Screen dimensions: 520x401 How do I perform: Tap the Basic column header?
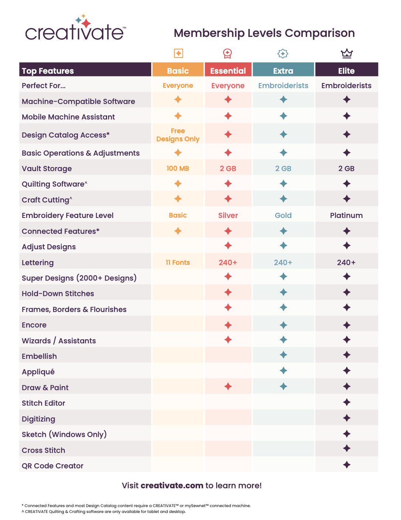(178, 70)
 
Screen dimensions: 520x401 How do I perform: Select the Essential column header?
(228, 70)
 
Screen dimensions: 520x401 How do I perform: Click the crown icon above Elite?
(346, 53)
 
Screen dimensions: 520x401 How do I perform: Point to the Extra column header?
(283, 70)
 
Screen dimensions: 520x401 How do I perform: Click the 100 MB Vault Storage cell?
(178, 169)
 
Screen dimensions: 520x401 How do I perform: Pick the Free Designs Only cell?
(178, 135)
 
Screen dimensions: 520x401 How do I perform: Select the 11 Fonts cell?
(178, 263)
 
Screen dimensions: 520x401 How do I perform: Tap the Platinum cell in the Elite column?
(346, 215)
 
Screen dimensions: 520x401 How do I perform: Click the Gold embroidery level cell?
(283, 215)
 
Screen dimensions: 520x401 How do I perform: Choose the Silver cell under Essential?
(228, 215)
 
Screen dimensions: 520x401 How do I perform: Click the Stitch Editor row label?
(44, 403)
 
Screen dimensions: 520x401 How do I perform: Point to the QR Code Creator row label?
(52, 466)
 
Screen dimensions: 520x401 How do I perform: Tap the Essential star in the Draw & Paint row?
(228, 386)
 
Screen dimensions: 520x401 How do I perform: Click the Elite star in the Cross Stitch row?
(346, 449)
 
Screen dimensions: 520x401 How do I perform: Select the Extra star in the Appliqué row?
(283, 371)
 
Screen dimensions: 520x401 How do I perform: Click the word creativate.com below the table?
(172, 485)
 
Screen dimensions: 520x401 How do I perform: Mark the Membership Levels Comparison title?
(264, 33)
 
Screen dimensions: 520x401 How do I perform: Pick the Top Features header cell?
(48, 71)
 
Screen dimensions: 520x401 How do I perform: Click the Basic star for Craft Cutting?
(178, 199)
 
